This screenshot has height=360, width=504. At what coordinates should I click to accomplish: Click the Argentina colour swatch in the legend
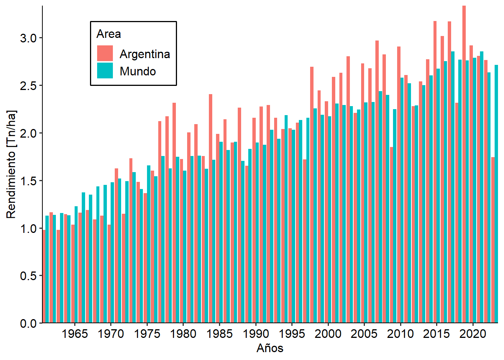coord(105,53)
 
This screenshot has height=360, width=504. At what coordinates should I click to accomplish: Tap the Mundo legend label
coord(138,71)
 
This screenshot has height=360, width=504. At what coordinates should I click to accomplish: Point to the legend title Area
coord(109,34)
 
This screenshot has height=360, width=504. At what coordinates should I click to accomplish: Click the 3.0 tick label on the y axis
coord(28,38)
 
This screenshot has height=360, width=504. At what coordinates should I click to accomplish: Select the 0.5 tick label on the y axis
coord(28,276)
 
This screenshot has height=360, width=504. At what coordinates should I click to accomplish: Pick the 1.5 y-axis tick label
coord(28,181)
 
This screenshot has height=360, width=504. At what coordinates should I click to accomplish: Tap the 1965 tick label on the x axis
coord(75,334)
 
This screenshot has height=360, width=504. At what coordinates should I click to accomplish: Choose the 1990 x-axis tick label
coord(256,334)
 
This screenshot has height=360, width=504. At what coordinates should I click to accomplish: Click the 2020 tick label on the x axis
coord(473,334)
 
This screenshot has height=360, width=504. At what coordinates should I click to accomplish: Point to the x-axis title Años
coord(270,348)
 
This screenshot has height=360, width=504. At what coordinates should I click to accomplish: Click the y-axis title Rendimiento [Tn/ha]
coord(12,164)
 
